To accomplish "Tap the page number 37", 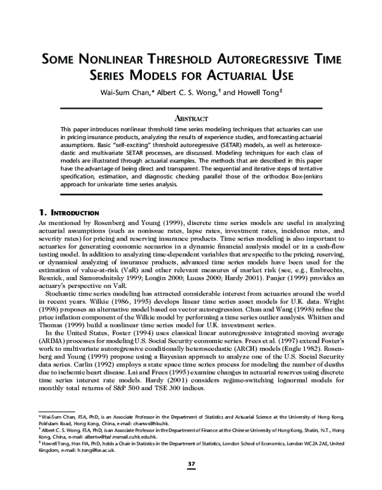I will click(190, 465).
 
